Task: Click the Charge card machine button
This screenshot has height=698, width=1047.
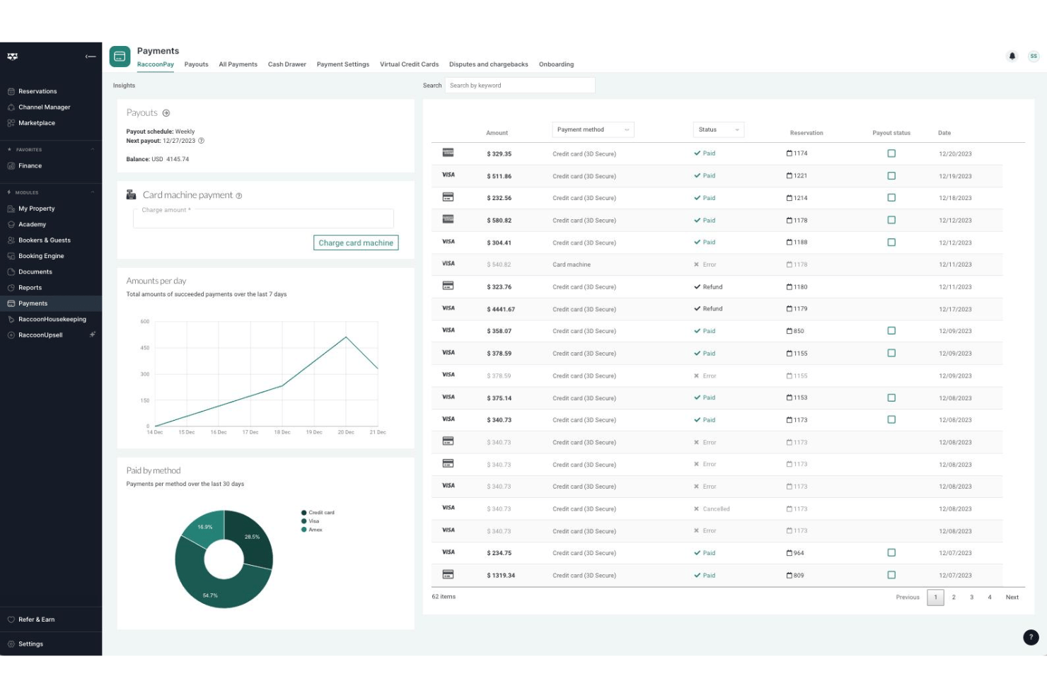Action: coord(356,243)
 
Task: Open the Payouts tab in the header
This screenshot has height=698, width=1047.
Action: coord(196,64)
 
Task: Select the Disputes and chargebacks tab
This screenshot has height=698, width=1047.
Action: coord(488,64)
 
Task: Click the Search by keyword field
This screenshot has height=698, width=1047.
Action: coord(520,86)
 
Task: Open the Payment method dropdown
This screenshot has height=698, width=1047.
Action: coord(593,129)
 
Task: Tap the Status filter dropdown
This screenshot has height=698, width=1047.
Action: coord(719,129)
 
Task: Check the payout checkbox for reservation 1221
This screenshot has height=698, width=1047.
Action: coord(891,175)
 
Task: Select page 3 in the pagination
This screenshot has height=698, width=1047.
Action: coord(971,597)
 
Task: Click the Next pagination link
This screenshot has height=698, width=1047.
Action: coord(1012,597)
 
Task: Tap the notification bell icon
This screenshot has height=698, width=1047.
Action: coord(1012,56)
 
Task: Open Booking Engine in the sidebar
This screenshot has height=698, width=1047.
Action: coord(41,256)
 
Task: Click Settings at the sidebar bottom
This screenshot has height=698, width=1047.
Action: coord(30,644)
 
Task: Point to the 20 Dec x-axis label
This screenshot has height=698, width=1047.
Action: coord(346,432)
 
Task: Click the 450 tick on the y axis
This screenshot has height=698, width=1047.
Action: coord(144,348)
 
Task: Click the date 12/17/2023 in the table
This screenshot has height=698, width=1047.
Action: coord(955,309)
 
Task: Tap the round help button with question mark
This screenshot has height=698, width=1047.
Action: coord(1031,636)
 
